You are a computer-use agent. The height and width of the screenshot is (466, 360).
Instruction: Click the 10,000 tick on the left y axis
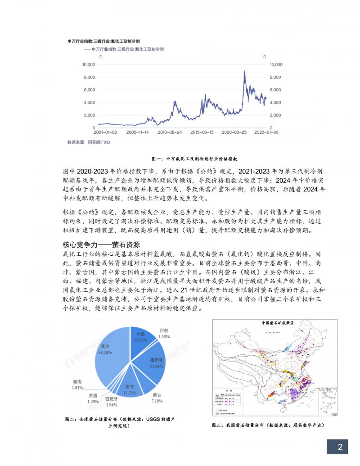pos(88,64)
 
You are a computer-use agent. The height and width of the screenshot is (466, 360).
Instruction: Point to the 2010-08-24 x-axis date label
pos(170,133)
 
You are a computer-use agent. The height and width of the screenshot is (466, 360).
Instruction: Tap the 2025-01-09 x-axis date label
pos(266,133)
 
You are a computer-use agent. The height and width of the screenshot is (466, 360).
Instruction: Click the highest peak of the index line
pos(244,71)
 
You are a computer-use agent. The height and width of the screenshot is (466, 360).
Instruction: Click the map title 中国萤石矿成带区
pos(277,323)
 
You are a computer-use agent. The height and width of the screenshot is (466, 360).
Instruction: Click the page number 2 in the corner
pos(340,447)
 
